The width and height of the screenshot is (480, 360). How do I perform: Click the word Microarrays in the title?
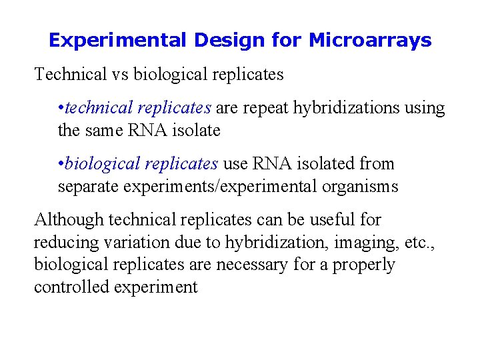click(370, 41)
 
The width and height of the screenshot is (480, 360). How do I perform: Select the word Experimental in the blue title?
click(117, 41)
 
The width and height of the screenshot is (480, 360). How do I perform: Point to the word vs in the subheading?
click(121, 74)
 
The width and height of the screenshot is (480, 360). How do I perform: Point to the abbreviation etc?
click(420, 242)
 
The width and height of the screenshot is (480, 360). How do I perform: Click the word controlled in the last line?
click(72, 287)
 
